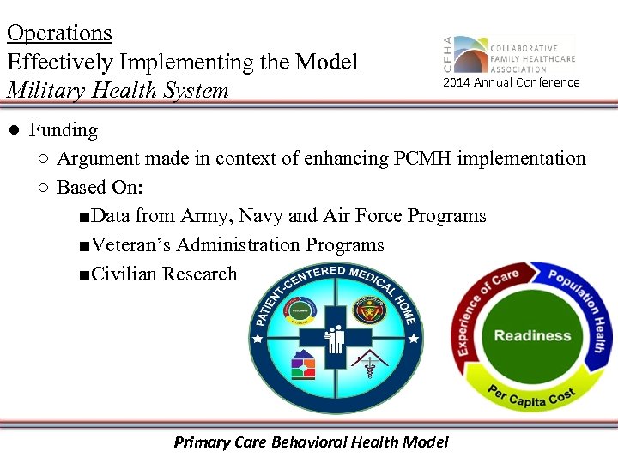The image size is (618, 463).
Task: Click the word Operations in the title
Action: [x=59, y=33]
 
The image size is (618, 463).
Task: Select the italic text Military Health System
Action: [x=118, y=90]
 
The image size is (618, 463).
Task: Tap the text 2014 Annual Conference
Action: [x=511, y=83]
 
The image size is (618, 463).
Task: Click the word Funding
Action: [x=64, y=130]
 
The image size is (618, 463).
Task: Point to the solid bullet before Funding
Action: [x=14, y=130]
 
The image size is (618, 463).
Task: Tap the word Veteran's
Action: [x=130, y=245]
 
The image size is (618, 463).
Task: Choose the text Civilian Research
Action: [x=164, y=274]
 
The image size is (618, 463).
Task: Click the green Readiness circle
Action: [x=532, y=335]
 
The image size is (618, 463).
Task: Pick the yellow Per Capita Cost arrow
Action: [x=532, y=395]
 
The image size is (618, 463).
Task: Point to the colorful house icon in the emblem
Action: [x=303, y=365]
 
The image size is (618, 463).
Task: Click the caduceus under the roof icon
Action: [x=369, y=370]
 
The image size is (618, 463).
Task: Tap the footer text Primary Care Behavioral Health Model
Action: [x=311, y=442]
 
